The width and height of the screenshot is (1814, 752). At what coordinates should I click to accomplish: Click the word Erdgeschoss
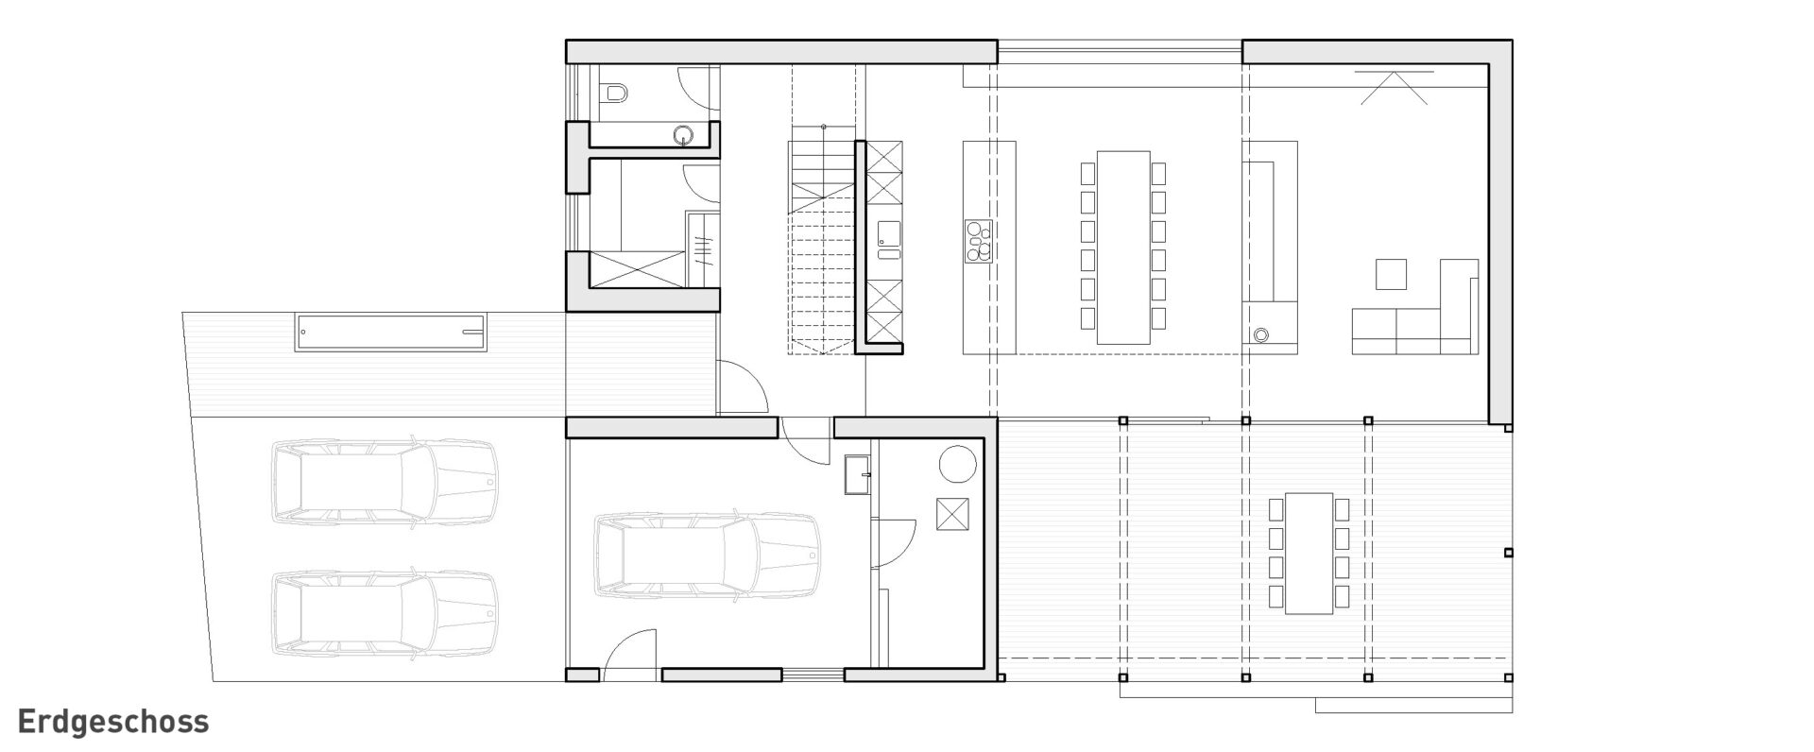[112, 723]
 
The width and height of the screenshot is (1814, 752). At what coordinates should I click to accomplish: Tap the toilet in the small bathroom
[614, 92]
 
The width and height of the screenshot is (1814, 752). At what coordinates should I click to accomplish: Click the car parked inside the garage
[706, 555]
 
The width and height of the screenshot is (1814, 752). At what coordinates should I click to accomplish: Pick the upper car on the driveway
[385, 481]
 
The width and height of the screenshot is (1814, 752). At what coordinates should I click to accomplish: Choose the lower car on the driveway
[385, 613]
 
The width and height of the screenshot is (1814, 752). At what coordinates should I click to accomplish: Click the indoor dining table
[1122, 247]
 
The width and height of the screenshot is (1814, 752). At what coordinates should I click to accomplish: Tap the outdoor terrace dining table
[1309, 553]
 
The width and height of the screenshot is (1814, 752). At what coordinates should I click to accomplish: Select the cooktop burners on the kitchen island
[979, 240]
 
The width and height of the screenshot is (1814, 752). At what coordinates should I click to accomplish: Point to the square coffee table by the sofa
[1391, 274]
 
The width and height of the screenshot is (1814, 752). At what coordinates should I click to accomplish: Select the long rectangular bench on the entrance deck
[392, 333]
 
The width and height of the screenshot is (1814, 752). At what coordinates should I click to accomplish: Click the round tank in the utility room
[956, 464]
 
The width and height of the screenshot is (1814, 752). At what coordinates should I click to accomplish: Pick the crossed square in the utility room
[950, 515]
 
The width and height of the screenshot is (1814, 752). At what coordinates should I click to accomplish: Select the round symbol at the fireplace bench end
[1259, 333]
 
